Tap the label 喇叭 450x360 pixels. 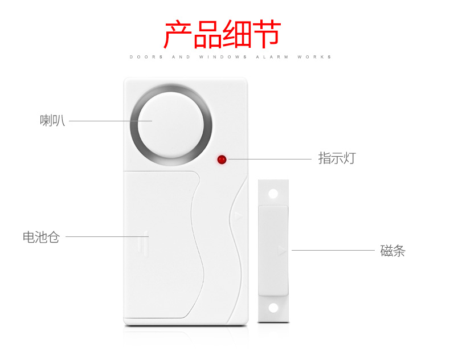(x=52, y=121)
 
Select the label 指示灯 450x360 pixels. (x=337, y=158)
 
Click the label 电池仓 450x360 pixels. (x=41, y=237)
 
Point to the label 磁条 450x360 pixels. (x=392, y=251)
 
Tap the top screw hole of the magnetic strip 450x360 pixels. (x=273, y=193)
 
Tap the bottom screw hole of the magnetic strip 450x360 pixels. (x=273, y=308)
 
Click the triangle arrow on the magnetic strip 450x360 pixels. (x=280, y=249)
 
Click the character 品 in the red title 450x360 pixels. (x=208, y=34)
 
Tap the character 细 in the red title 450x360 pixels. (x=238, y=34)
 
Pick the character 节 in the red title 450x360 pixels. (x=267, y=34)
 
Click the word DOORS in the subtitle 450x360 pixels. (x=146, y=57)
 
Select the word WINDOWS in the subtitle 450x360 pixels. (x=223, y=57)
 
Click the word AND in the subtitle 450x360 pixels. (x=181, y=57)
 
